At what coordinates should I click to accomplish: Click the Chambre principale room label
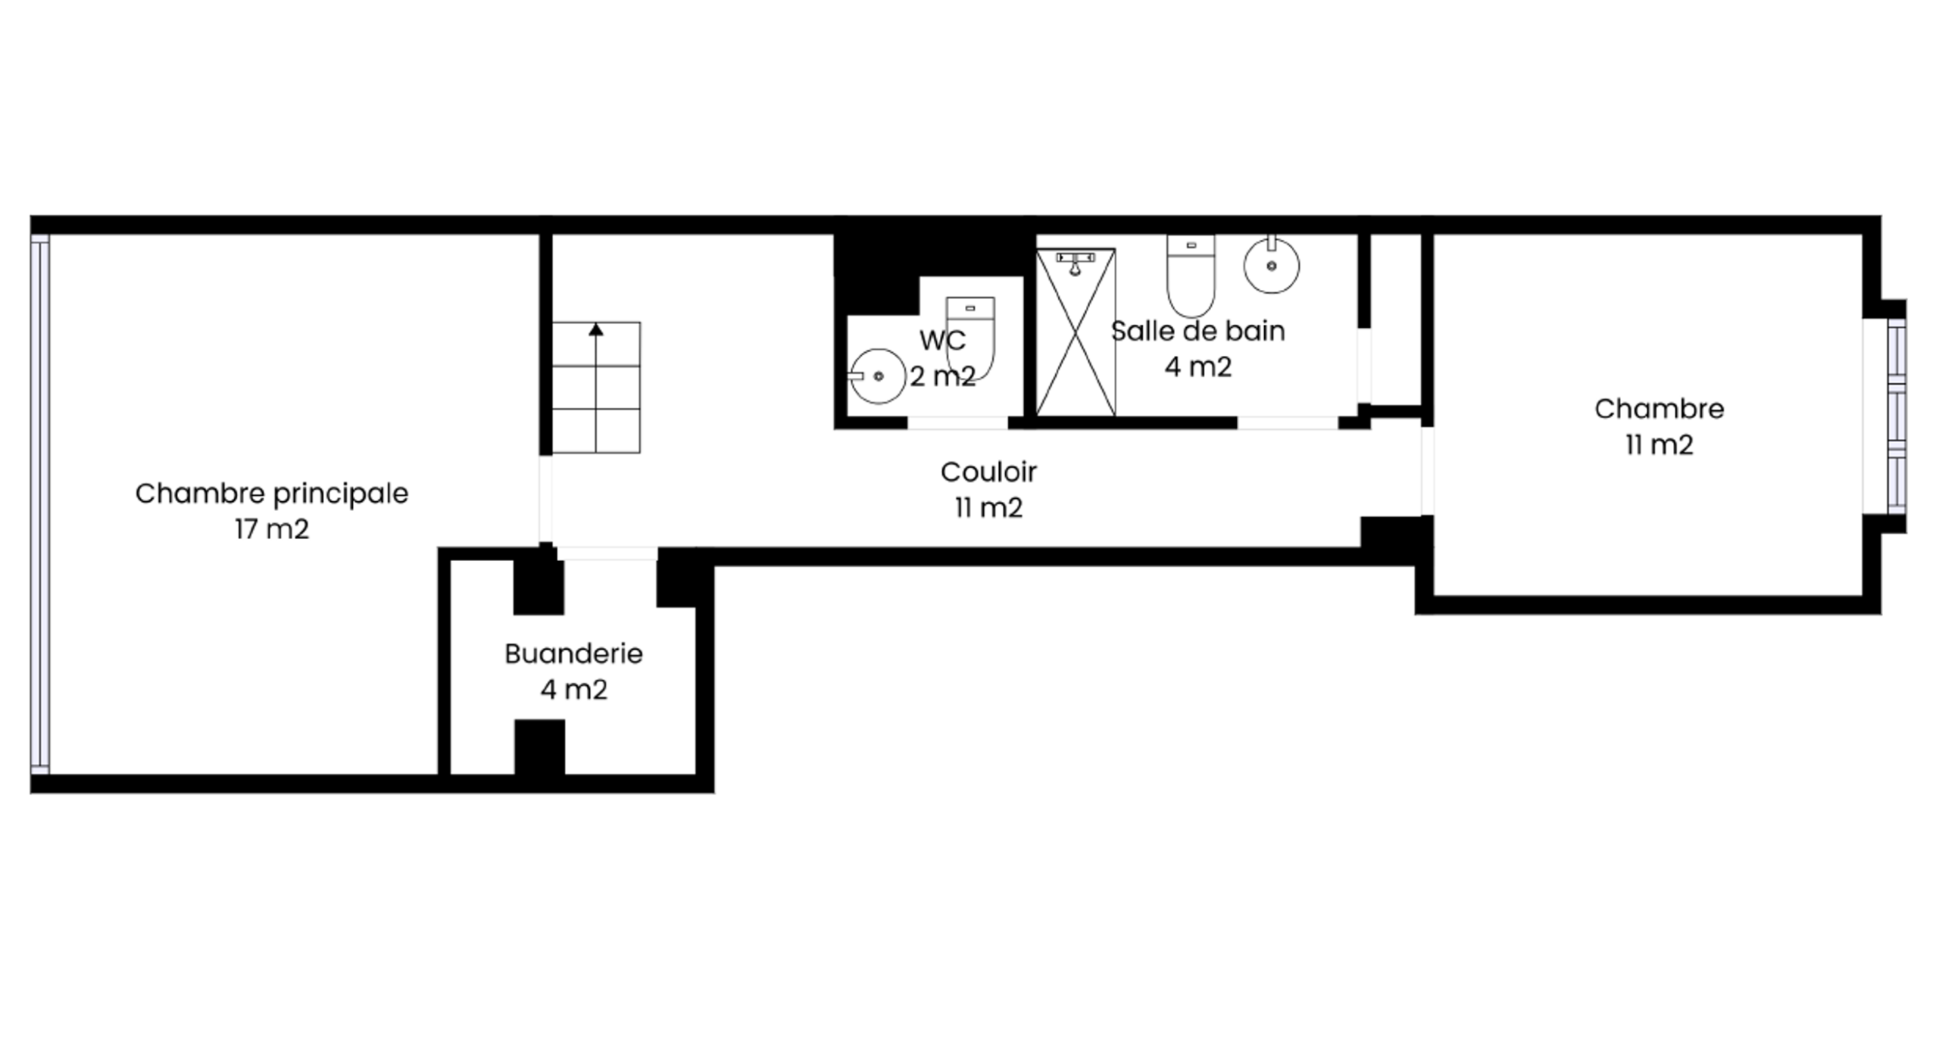(x=272, y=494)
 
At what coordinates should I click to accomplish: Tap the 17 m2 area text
(x=272, y=529)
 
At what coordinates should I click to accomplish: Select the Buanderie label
(x=573, y=653)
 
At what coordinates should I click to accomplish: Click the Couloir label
(x=988, y=472)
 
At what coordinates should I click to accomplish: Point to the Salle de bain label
(x=1197, y=331)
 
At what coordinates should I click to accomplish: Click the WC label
(x=942, y=341)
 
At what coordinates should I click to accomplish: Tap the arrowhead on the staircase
(x=596, y=329)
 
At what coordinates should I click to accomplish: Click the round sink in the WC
(x=877, y=376)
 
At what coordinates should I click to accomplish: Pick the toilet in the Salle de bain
(x=1191, y=276)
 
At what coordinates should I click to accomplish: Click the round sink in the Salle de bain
(x=1272, y=264)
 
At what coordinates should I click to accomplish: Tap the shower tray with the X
(x=1076, y=332)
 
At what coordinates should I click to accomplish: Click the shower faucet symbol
(x=1076, y=261)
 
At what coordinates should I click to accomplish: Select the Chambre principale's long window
(x=40, y=504)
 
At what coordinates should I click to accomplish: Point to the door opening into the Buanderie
(x=607, y=553)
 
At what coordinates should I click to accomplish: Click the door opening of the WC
(x=957, y=422)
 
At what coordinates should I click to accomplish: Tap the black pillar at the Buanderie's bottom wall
(x=540, y=747)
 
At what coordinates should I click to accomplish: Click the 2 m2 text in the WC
(x=942, y=376)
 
